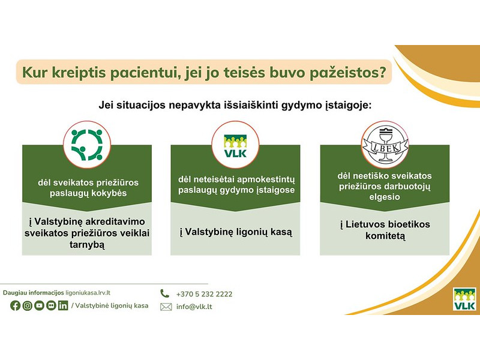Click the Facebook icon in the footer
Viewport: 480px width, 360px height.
point(15,305)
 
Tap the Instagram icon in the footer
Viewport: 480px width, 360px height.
point(27,305)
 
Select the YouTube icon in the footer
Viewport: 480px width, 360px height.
point(39,305)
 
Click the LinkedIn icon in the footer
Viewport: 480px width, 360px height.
point(63,305)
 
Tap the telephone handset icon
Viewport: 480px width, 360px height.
point(165,293)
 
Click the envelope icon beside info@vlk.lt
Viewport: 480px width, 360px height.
point(166,307)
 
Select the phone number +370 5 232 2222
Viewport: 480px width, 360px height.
point(204,294)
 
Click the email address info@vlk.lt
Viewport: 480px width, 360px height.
point(194,307)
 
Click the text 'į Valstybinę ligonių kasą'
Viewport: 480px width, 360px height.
point(236,231)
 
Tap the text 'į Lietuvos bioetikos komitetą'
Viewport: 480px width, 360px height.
point(385,230)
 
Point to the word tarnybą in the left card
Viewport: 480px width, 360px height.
point(87,245)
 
